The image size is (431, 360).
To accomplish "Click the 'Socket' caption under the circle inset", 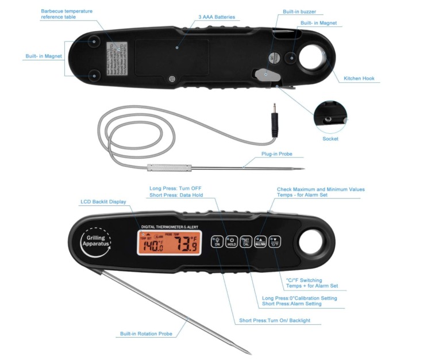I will click(330, 139).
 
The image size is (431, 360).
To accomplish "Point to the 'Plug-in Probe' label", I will click(277, 154).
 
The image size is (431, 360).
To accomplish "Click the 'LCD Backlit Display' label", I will click(103, 202).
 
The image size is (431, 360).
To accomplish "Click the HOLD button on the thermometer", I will click(231, 242).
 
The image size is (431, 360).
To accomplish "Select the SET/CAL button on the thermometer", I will click(245, 242).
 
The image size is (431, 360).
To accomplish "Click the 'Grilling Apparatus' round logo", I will click(94, 243).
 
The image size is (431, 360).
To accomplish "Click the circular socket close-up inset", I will click(330, 116).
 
